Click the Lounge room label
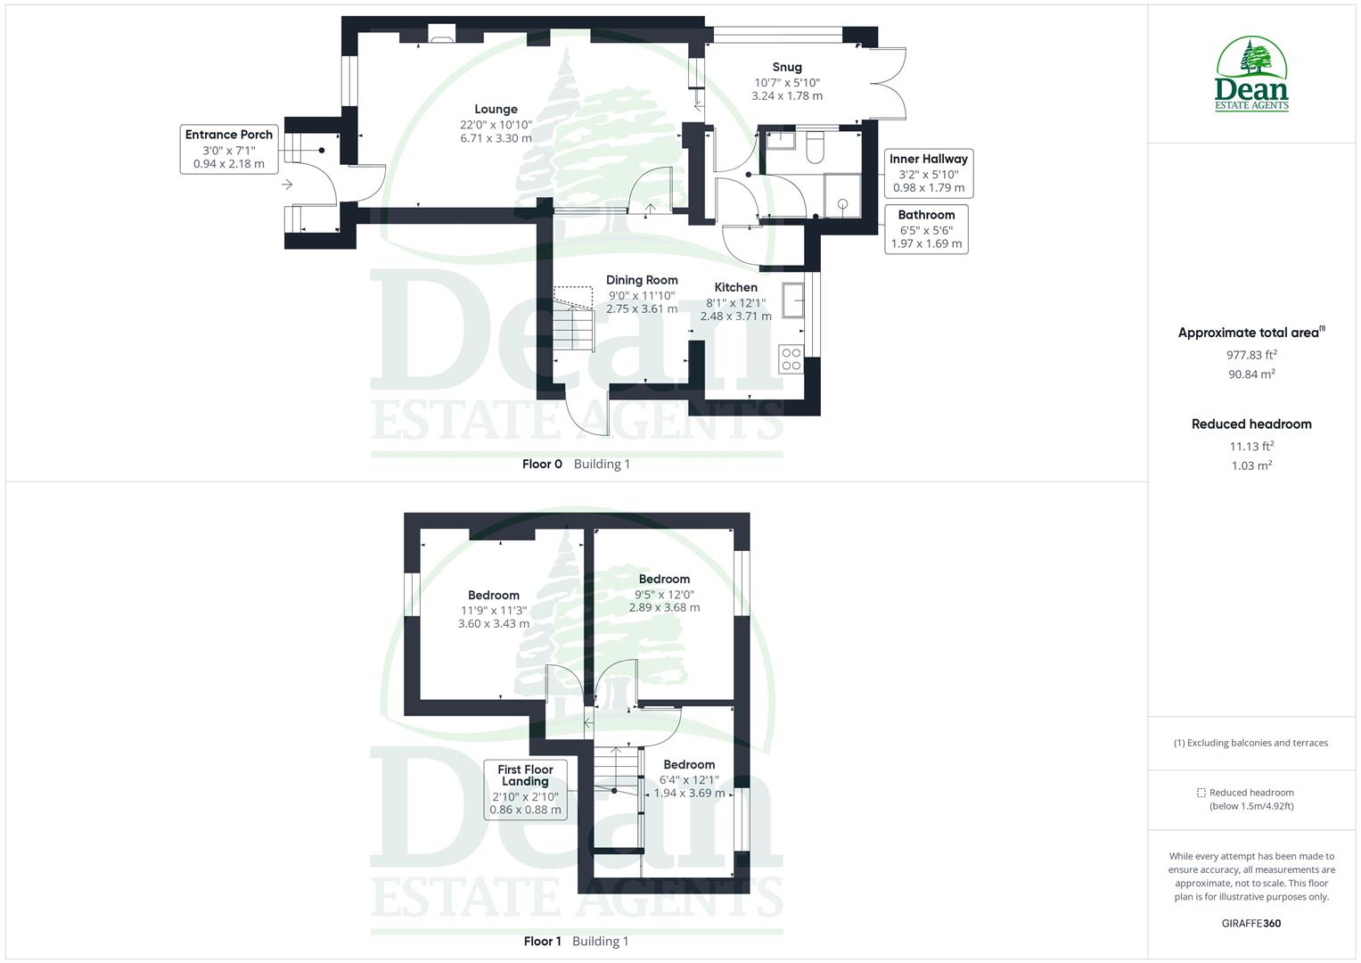[x=496, y=110]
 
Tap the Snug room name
[x=787, y=67]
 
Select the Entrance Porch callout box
[x=229, y=149]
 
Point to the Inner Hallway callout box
[x=928, y=173]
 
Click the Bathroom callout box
[x=926, y=229]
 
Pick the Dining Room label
[x=642, y=280]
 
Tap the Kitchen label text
[x=736, y=287]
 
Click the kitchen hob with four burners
[x=791, y=358]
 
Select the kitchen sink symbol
[x=793, y=300]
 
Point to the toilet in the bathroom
[x=815, y=148]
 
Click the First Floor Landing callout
[x=526, y=789]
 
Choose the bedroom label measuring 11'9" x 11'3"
[x=494, y=596]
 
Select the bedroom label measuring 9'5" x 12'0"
[x=664, y=580]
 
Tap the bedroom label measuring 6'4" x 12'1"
[x=689, y=765]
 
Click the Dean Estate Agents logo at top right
[x=1252, y=74]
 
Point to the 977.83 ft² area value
[x=1251, y=355]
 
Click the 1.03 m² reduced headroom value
[x=1251, y=465]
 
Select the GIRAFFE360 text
[x=1250, y=924]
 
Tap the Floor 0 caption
[x=542, y=464]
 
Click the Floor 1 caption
[x=542, y=942]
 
